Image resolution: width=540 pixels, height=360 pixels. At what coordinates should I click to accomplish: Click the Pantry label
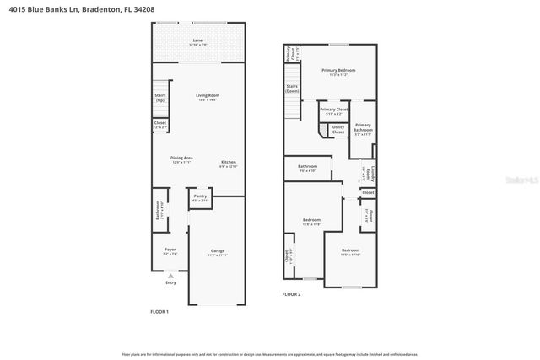(x=201, y=198)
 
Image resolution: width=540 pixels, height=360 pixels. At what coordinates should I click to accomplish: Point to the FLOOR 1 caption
(x=159, y=312)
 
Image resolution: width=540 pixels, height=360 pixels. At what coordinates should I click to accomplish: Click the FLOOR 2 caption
(x=291, y=294)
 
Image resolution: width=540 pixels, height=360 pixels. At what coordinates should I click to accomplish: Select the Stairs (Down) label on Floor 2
(x=293, y=88)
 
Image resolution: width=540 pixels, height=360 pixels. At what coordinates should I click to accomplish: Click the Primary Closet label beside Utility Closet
(x=334, y=110)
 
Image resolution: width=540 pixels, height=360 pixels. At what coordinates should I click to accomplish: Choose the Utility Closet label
(x=337, y=130)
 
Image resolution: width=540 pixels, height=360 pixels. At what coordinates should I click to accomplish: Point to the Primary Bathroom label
(x=363, y=128)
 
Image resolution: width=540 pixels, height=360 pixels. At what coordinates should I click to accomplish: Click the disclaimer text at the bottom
(x=270, y=354)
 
